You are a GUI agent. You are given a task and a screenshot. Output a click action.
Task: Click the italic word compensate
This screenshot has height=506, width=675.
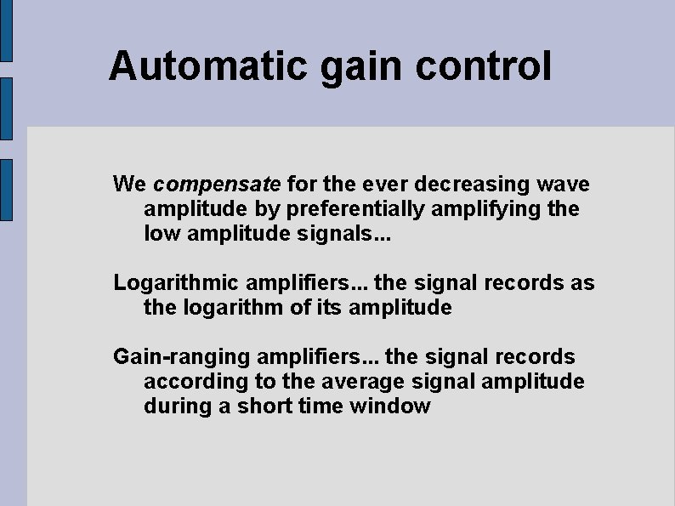[x=218, y=185]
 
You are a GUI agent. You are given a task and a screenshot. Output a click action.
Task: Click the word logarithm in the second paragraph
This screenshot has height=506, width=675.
[x=230, y=307]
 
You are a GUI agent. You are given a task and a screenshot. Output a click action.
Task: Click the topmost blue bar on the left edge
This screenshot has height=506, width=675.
[x=5, y=31]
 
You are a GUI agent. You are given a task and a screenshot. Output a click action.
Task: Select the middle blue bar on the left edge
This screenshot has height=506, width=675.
[x=5, y=107]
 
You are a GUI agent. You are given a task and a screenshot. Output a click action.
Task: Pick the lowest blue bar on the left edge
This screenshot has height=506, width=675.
[x=5, y=189]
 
